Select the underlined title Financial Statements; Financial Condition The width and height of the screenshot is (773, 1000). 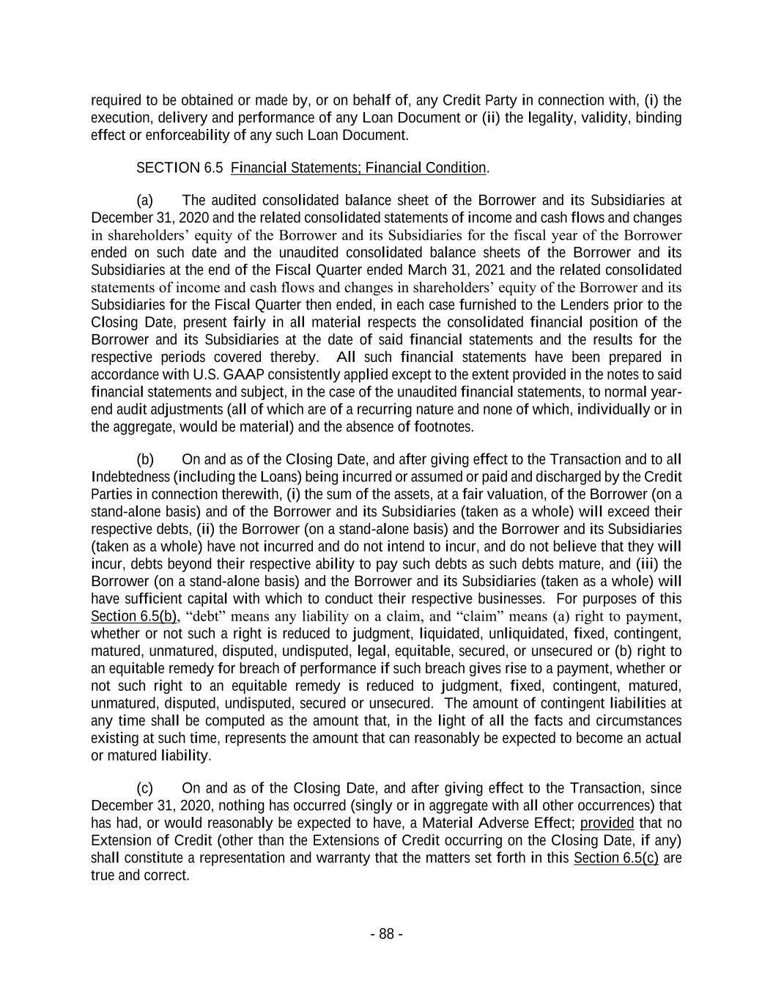(x=358, y=168)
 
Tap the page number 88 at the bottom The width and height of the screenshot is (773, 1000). (x=386, y=934)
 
